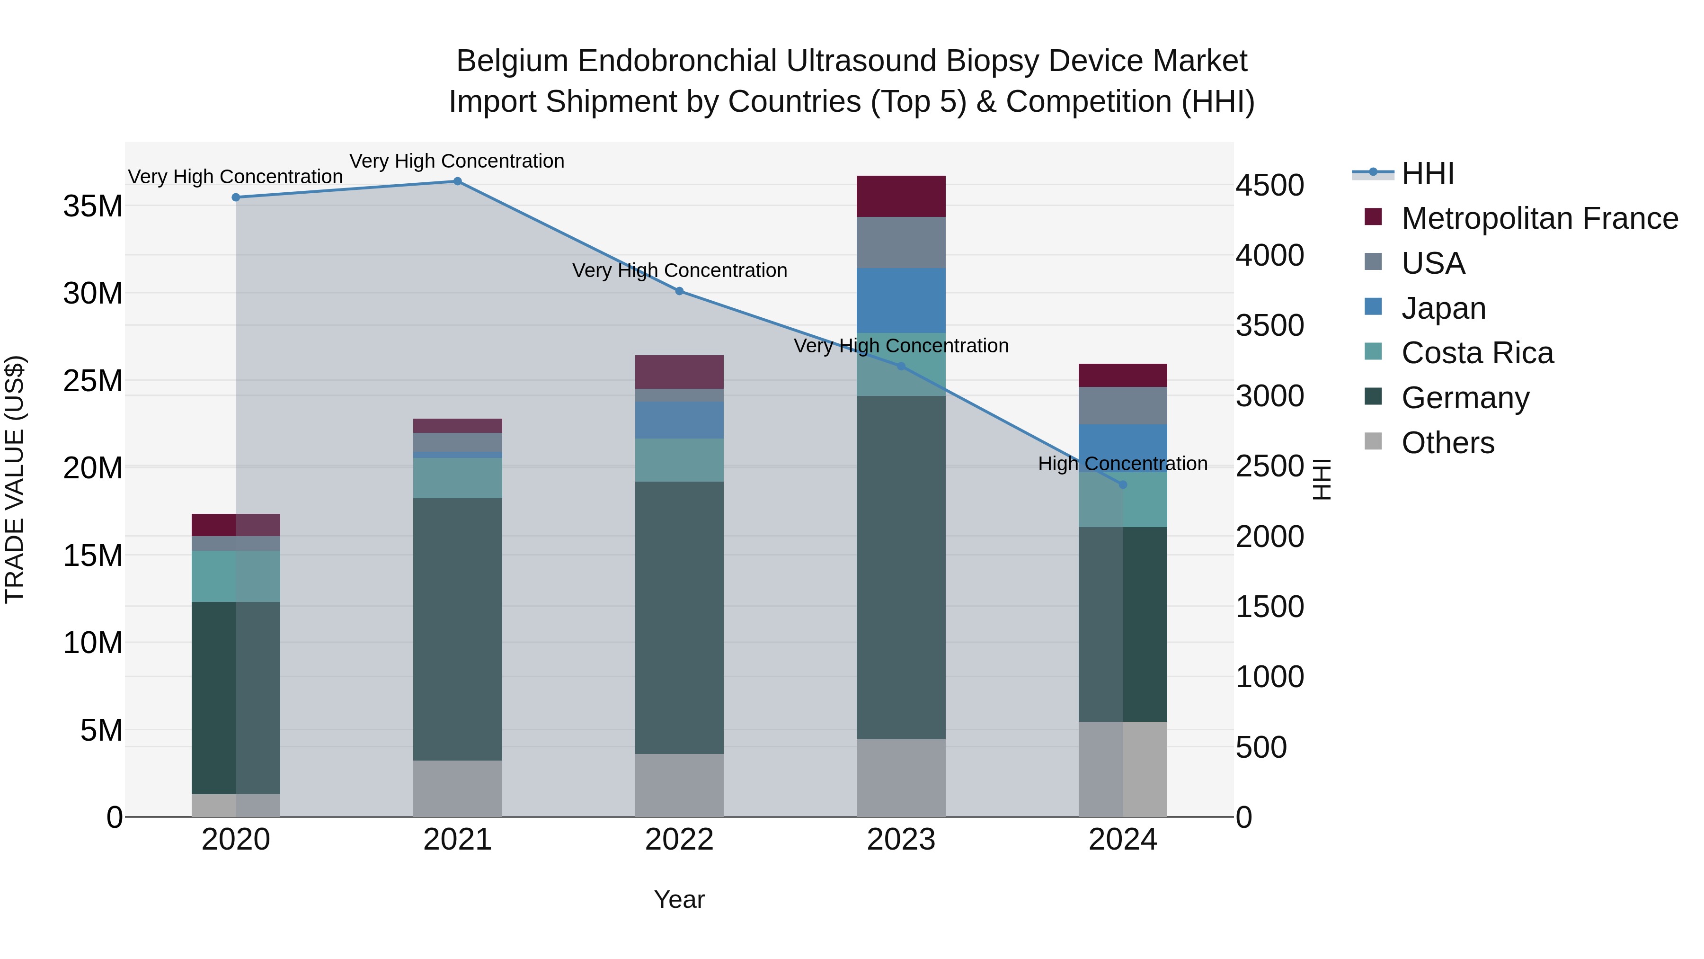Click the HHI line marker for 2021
pyautogui.click(x=457, y=181)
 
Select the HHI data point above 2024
pyautogui.click(x=1123, y=484)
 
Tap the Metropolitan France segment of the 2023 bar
pyautogui.click(x=901, y=197)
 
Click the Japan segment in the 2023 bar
pyautogui.click(x=901, y=300)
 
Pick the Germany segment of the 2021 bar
pyautogui.click(x=457, y=629)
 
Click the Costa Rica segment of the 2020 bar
pyautogui.click(x=236, y=576)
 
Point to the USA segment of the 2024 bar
pyautogui.click(x=1123, y=406)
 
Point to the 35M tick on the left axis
pyautogui.click(x=93, y=206)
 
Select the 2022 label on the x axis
pyautogui.click(x=679, y=840)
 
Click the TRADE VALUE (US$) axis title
pyautogui.click(x=15, y=479)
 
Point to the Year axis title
pyautogui.click(x=679, y=899)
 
